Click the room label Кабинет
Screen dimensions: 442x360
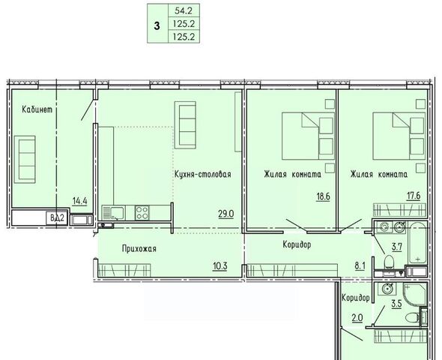(x=37, y=109)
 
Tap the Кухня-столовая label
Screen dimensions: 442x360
(x=203, y=174)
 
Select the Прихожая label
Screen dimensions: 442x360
(x=139, y=249)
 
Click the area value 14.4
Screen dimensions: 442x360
(x=79, y=202)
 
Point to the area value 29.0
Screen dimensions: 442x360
(x=226, y=214)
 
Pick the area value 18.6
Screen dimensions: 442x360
(x=323, y=196)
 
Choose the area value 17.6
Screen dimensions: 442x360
(x=414, y=196)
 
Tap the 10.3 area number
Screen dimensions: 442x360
(x=220, y=266)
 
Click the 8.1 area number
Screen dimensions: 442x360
(x=360, y=266)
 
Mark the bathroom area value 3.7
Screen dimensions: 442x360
(x=396, y=247)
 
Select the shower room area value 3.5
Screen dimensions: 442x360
(x=396, y=304)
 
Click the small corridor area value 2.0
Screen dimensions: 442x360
(x=357, y=318)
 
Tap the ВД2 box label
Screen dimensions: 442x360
(x=57, y=217)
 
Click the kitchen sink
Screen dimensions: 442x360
(x=113, y=213)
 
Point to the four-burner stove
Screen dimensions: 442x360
(x=142, y=213)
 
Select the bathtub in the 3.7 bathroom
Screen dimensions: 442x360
(x=418, y=243)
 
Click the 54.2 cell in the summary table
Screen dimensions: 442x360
(x=184, y=10)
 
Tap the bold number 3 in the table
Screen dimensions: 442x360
(x=157, y=26)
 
